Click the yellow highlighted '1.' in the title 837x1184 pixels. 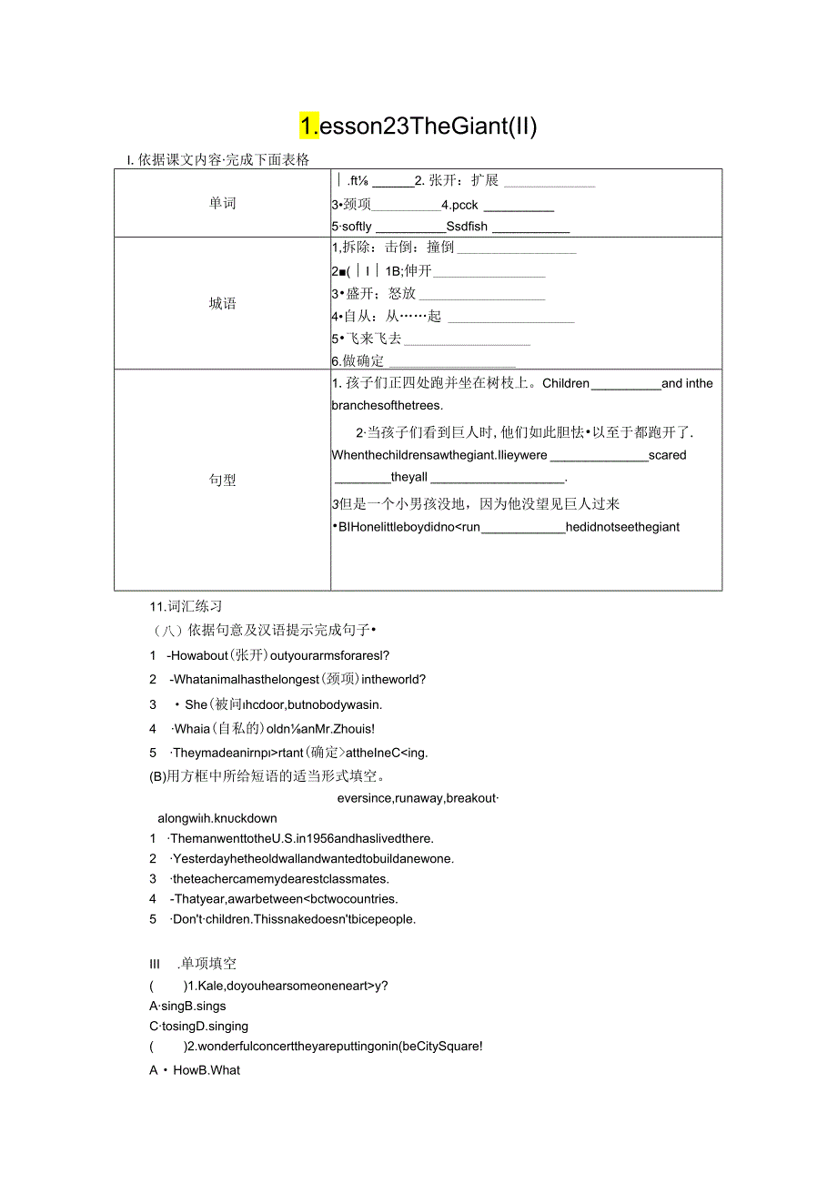click(309, 126)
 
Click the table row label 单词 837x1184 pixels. click(222, 203)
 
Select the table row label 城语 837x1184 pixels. click(222, 303)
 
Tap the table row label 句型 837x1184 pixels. click(222, 480)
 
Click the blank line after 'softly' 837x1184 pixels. click(409, 227)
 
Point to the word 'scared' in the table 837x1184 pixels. click(668, 455)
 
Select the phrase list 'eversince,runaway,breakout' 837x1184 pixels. click(418, 798)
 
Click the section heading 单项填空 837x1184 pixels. click(208, 964)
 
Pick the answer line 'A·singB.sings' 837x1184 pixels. click(188, 1006)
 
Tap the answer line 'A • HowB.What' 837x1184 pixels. click(195, 1070)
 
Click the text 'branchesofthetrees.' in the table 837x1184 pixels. click(387, 405)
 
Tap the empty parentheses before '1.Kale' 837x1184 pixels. click(165, 986)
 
